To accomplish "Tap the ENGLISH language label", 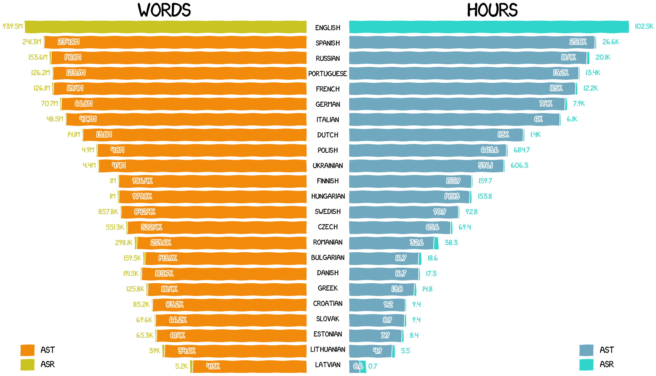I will [327, 28].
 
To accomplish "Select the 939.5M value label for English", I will [13, 26].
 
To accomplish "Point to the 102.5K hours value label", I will [644, 26].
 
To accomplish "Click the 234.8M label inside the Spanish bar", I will [68, 42].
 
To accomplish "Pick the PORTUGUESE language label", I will [327, 74].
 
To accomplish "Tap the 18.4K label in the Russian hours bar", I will [568, 57].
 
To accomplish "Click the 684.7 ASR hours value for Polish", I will [522, 150].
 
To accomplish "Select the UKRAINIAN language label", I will [327, 165].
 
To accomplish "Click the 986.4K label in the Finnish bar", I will [142, 181].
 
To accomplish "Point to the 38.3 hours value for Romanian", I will [451, 243].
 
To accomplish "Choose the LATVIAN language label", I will [327, 365].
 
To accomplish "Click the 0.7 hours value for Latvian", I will [373, 366].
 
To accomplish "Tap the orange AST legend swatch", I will [27, 350].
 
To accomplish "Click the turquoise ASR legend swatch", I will [586, 365].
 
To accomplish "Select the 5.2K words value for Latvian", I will [181, 366].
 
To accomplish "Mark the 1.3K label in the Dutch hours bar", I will [503, 134].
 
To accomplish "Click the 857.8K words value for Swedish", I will [108, 212].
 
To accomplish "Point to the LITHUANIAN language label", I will [327, 349].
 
